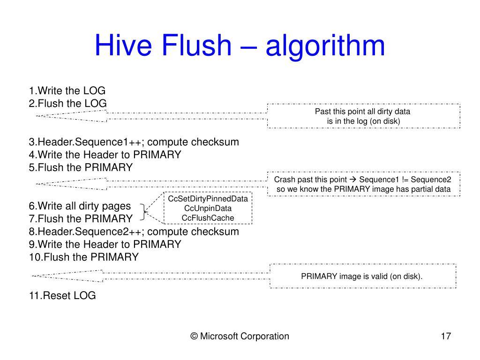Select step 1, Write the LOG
pyautogui.click(x=67, y=90)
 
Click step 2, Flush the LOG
pyautogui.click(x=67, y=103)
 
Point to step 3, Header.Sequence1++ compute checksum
pyautogui.click(x=134, y=142)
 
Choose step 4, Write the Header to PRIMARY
pyautogui.click(x=105, y=155)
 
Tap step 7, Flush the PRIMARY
pyautogui.click(x=81, y=218)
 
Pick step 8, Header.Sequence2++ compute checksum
pyautogui.click(x=134, y=232)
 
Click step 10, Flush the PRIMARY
pyautogui.click(x=83, y=257)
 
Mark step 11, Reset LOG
pyautogui.click(x=62, y=295)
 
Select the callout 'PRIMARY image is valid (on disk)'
pyautogui.click(x=362, y=276)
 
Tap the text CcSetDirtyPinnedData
pyautogui.click(x=208, y=199)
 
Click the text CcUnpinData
pyautogui.click(x=208, y=208)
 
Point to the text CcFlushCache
pyautogui.click(x=208, y=217)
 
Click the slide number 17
pyautogui.click(x=446, y=336)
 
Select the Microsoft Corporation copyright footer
pyautogui.click(x=240, y=336)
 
